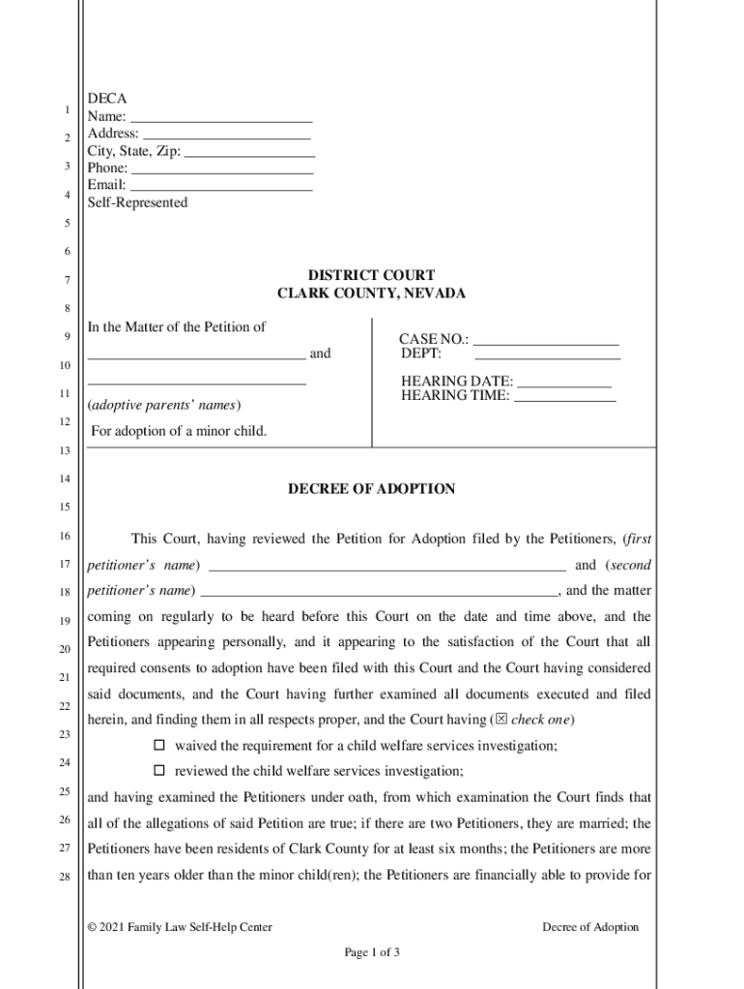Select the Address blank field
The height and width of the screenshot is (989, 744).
(x=226, y=136)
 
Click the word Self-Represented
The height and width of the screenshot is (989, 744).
(x=137, y=203)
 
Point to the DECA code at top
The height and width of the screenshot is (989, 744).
(x=106, y=99)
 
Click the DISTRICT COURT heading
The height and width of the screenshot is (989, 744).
(x=371, y=275)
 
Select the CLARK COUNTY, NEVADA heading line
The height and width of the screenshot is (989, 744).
(x=371, y=293)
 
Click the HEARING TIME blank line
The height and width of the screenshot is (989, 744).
(x=564, y=398)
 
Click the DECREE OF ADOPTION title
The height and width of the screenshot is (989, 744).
(x=371, y=489)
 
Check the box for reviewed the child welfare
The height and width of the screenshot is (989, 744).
(x=160, y=771)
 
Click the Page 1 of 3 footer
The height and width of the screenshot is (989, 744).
(x=372, y=952)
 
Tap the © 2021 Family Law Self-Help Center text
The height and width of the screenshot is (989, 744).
(x=180, y=927)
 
